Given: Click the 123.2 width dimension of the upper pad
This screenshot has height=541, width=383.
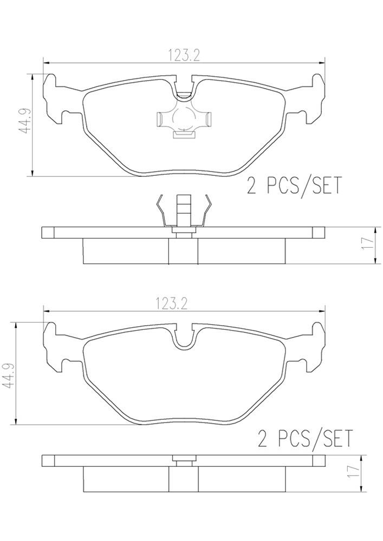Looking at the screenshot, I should tap(184, 55).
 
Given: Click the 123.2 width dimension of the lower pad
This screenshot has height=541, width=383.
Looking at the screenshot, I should tap(184, 304).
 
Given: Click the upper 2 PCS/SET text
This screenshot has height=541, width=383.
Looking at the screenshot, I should tap(294, 186).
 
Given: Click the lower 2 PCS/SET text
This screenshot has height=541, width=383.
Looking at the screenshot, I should tap(305, 437).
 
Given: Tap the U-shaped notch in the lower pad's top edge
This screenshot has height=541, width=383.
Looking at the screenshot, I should tap(184, 338).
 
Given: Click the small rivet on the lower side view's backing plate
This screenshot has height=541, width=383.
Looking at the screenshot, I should tap(184, 460).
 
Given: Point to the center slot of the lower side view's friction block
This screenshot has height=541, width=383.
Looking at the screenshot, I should tap(184, 479).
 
